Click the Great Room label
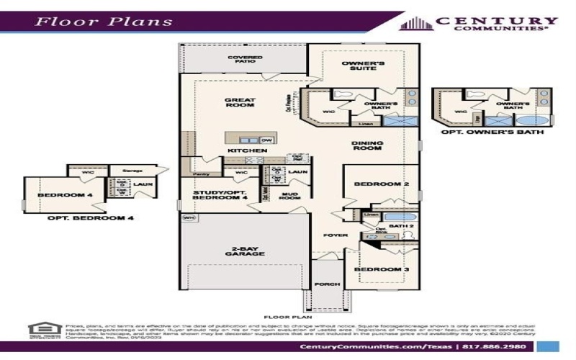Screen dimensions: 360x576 [x=240, y=102]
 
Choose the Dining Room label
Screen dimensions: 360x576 [x=367, y=147]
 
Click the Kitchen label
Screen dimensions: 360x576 [x=247, y=150]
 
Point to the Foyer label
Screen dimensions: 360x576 [x=336, y=235]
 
